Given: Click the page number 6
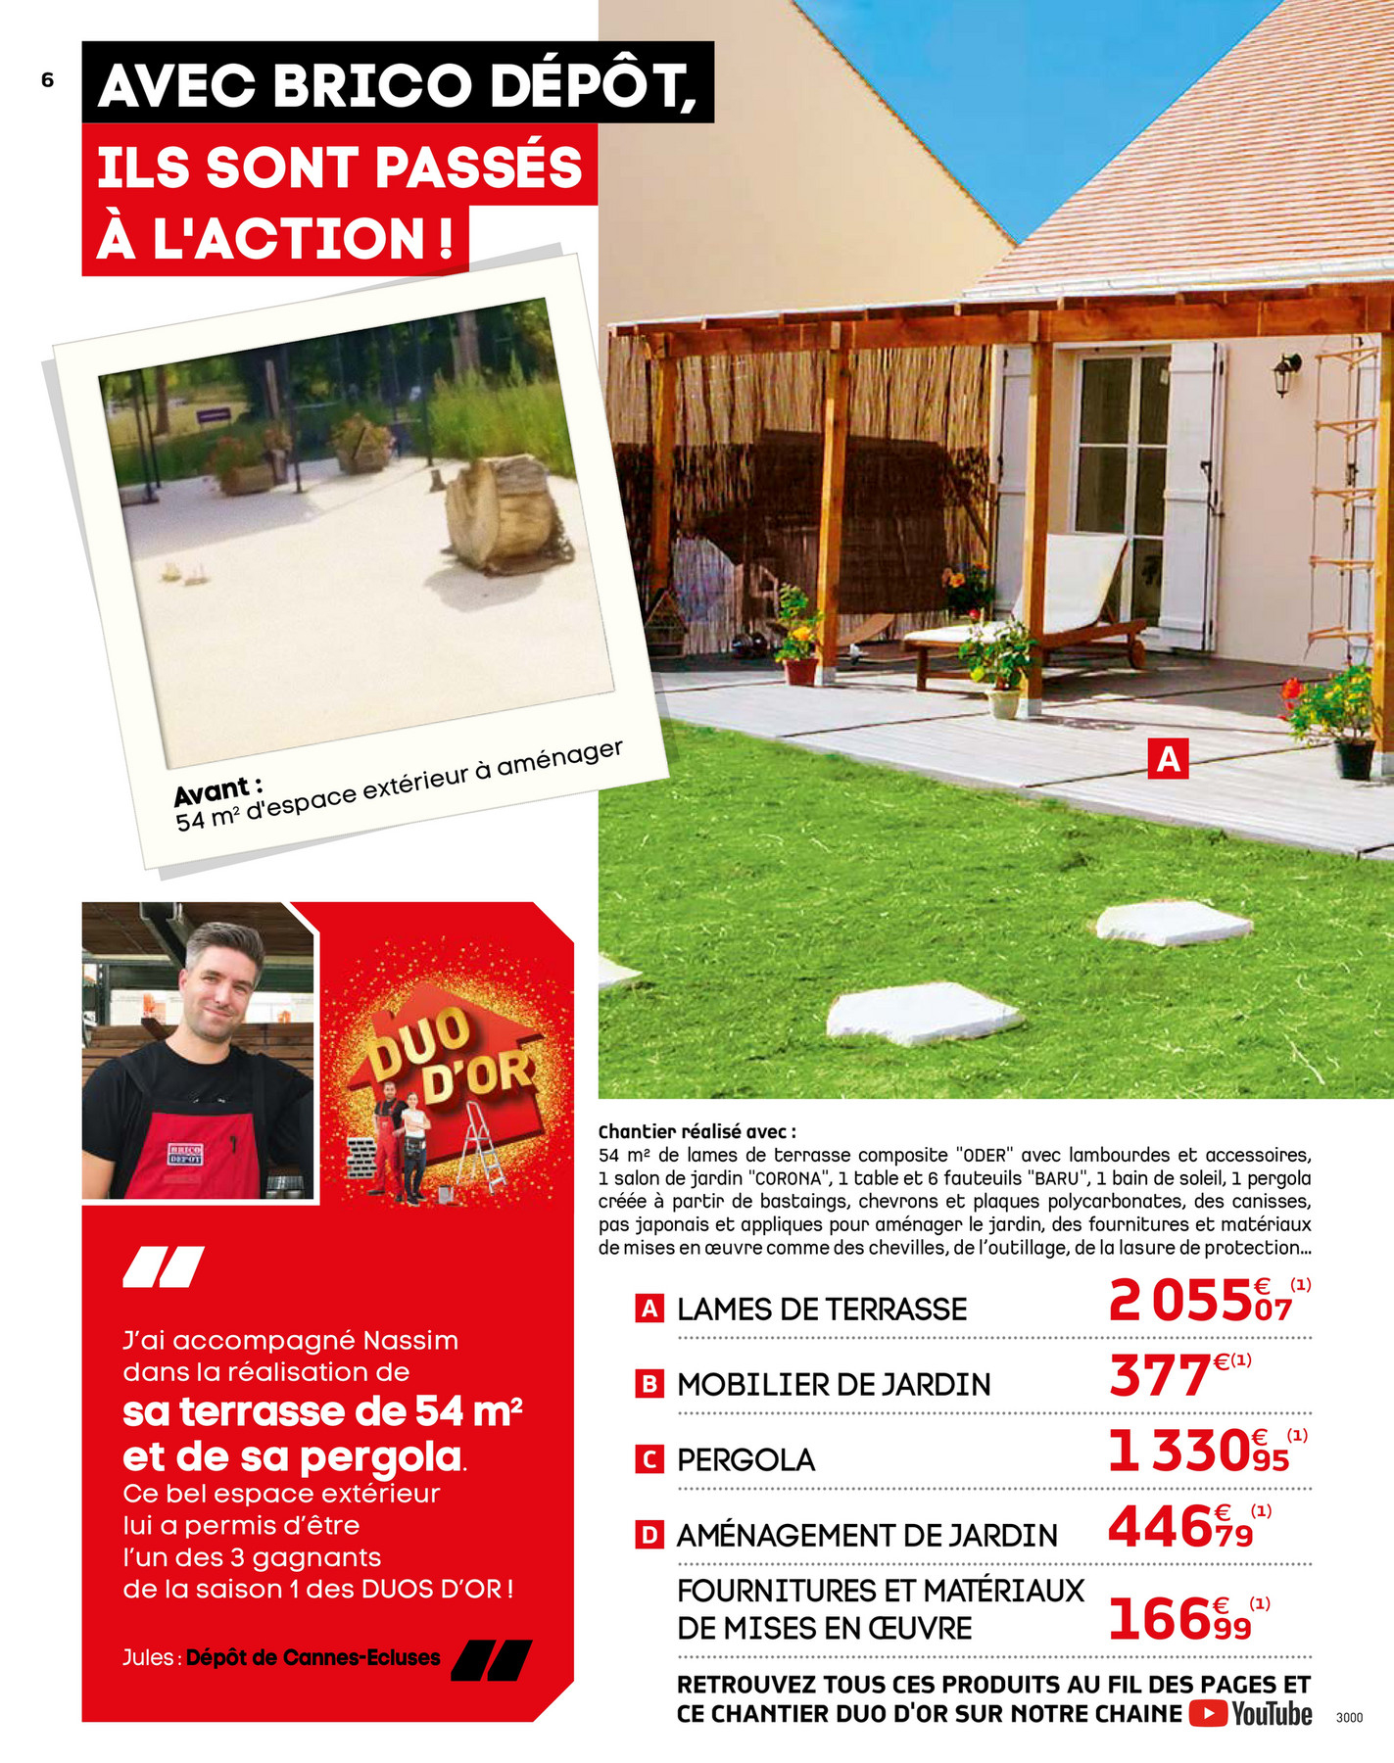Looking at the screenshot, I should (48, 81).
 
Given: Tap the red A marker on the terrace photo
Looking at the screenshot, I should (1168, 759).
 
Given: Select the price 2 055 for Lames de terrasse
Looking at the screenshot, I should (1179, 1304).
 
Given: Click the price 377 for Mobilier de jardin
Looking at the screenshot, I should (1160, 1376).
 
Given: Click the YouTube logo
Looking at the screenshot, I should (1251, 1714).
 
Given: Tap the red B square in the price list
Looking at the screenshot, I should (649, 1384).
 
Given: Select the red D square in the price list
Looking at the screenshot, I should (649, 1535).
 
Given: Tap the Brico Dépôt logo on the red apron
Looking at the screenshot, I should (185, 1154).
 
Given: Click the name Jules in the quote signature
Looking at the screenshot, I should (148, 1658).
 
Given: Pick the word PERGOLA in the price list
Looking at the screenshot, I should (745, 1460).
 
